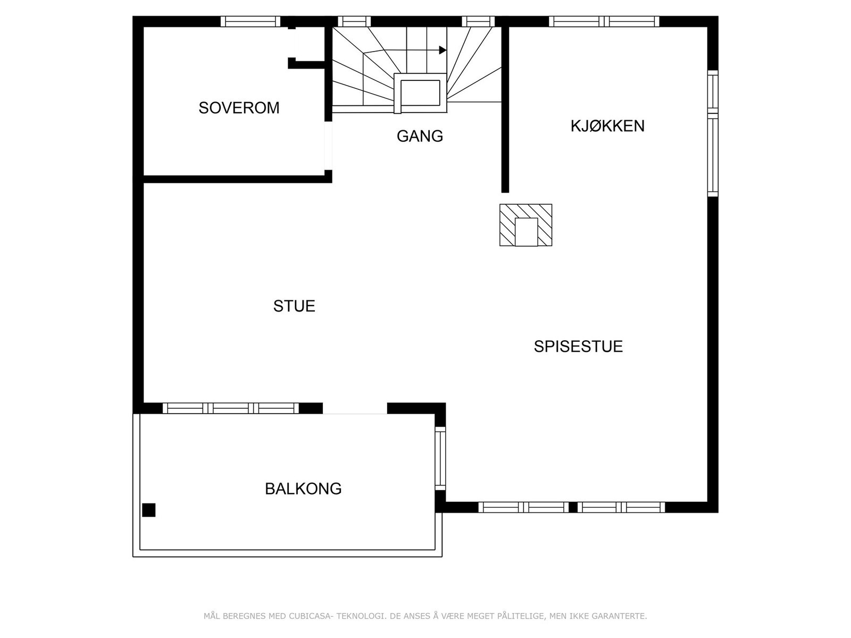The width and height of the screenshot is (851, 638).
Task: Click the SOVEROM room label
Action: [239, 108]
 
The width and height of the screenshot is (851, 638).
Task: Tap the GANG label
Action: [420, 136]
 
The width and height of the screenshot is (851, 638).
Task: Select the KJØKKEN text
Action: [607, 126]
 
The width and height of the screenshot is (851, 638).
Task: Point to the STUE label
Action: [294, 306]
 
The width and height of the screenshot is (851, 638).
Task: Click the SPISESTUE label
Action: [578, 347]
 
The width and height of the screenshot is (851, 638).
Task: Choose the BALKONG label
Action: [303, 489]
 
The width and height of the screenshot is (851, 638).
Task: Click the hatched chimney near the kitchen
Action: [525, 225]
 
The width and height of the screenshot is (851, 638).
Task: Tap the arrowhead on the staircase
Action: [443, 50]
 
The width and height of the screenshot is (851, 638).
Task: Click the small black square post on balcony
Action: [149, 510]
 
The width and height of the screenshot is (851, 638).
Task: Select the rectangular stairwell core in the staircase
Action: [420, 93]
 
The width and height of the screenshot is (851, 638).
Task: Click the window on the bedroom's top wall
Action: [250, 21]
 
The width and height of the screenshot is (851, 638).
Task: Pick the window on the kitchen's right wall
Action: [713, 133]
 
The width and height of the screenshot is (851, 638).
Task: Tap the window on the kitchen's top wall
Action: [604, 21]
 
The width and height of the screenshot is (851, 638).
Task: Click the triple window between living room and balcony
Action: [230, 408]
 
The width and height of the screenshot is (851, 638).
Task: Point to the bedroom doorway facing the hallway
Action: [328, 146]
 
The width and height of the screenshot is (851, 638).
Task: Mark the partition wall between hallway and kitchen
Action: [505, 109]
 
